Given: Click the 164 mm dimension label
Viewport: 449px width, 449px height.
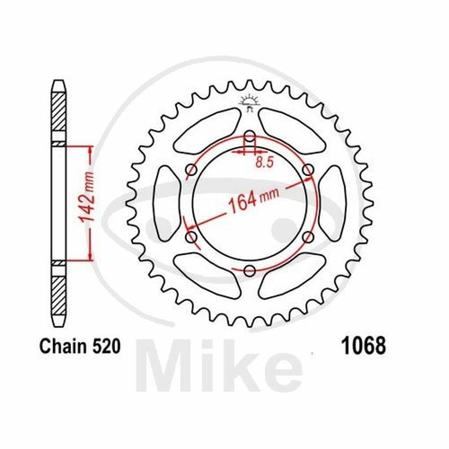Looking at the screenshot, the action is coord(253,199).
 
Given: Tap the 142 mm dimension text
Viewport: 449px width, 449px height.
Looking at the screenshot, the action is coord(87,198).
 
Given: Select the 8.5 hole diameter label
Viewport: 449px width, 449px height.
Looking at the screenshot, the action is coord(265,162).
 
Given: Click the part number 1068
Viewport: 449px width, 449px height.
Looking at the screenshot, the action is coord(364,346).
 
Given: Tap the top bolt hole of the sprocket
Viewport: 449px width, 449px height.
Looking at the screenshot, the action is coord(250,136).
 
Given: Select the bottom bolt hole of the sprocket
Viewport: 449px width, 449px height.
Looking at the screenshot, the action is coord(249,271).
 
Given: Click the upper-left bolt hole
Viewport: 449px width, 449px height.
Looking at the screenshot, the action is coord(191,171).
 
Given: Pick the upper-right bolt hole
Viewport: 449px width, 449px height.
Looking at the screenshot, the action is coord(308,170).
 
